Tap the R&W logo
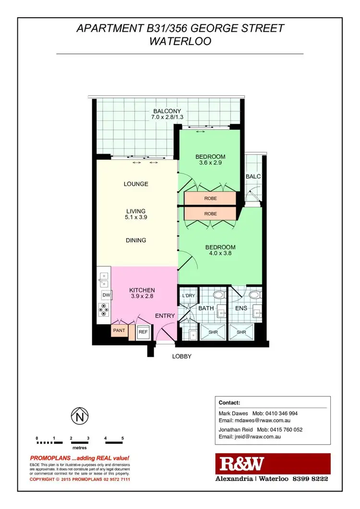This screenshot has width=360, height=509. (x=242, y=464)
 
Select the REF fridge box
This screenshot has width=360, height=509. (x=143, y=331)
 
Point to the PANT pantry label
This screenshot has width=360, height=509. (x=119, y=331)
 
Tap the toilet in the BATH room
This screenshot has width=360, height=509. (x=219, y=294)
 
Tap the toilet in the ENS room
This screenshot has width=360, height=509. (x=255, y=294)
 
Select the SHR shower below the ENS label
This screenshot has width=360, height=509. (x=241, y=331)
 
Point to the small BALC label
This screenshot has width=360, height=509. (x=253, y=177)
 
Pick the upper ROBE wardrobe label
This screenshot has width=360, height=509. (x=210, y=197)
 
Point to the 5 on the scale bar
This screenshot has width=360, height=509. (x=123, y=438)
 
